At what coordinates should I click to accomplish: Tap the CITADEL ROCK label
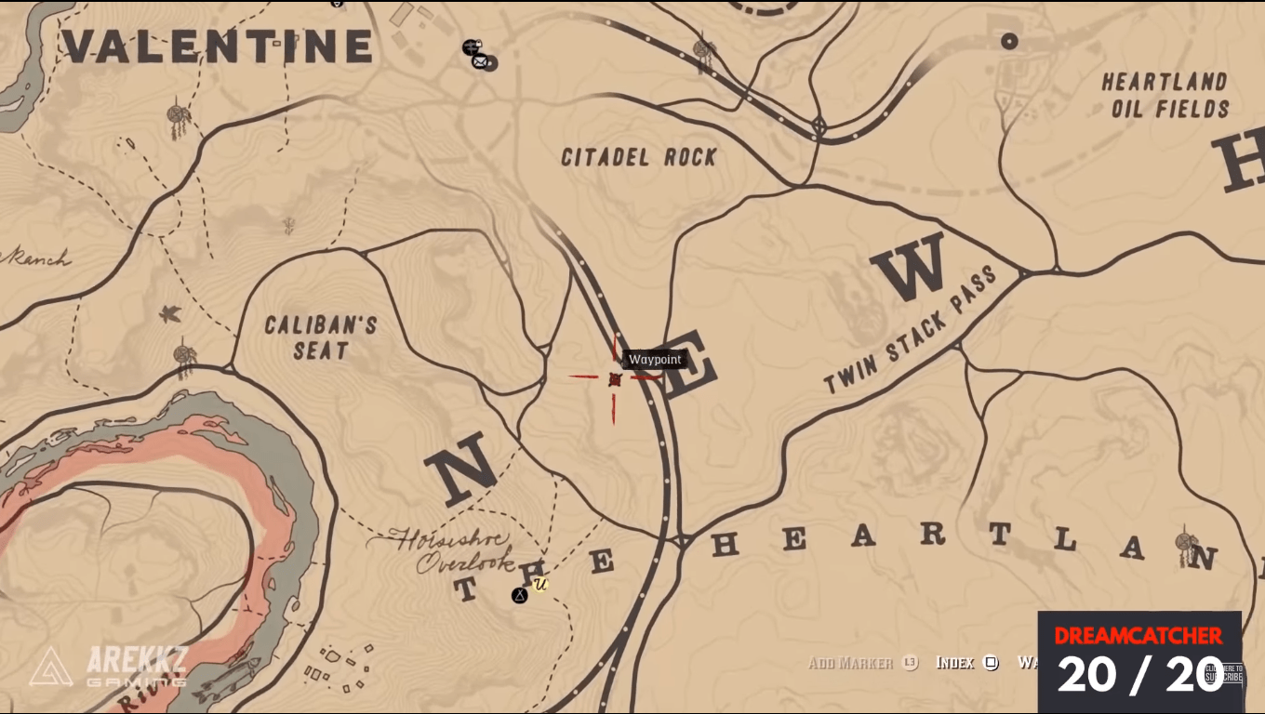coord(639,157)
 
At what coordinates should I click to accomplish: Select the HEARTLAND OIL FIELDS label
coord(1165,96)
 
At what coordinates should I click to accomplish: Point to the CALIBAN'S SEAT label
coord(321,337)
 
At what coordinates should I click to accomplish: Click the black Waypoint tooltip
coord(655,360)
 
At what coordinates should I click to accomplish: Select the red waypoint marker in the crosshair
coord(614,379)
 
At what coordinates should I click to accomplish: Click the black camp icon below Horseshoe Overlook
coord(520,595)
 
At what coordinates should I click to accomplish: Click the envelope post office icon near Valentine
coord(480,61)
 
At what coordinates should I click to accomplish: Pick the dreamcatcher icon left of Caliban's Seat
coord(184,356)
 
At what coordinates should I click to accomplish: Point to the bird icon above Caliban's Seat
coord(170,314)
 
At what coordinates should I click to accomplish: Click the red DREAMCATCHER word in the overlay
coord(1138,636)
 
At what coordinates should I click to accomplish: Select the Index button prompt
coord(966,663)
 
